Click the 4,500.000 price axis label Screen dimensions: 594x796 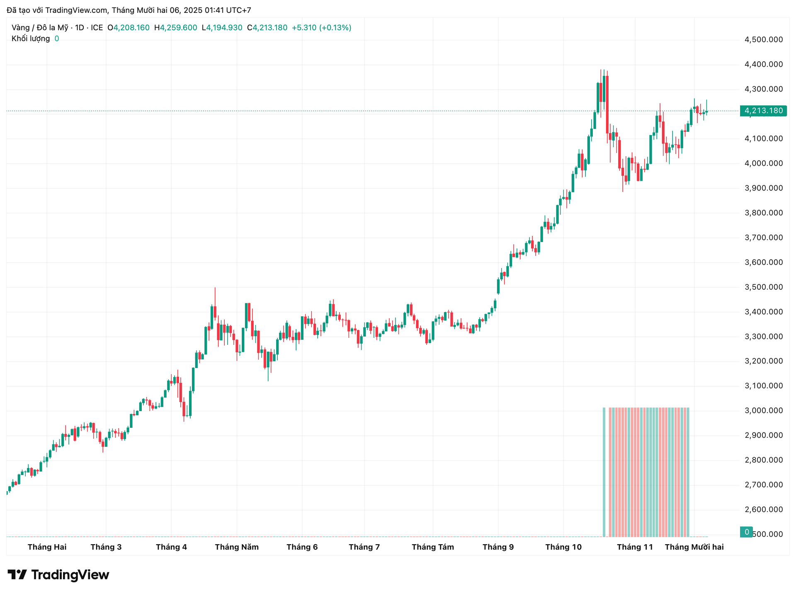pos(764,40)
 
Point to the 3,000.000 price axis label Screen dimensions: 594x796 pos(764,411)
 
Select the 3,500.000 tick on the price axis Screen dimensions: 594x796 pos(764,287)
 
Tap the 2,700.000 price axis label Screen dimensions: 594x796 pos(764,485)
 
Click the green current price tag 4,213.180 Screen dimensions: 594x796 pos(763,111)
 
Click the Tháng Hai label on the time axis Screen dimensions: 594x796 pos(47,547)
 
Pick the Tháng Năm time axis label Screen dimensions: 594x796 pos(237,547)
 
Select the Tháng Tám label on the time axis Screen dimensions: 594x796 pos(433,547)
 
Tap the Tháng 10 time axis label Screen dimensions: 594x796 pos(563,547)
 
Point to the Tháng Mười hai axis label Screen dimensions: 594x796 pos(694,547)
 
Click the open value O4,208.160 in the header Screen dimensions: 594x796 pos(129,28)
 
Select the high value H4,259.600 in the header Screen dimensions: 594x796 pos(176,28)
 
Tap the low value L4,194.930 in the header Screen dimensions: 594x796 pos(222,28)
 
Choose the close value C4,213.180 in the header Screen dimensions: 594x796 pos(267,28)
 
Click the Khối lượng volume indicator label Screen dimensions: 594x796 pos(31,39)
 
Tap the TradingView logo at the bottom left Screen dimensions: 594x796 pos(58,575)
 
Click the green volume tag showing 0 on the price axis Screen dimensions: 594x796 pos(747,532)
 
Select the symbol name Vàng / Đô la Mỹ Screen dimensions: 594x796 pos(40,28)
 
